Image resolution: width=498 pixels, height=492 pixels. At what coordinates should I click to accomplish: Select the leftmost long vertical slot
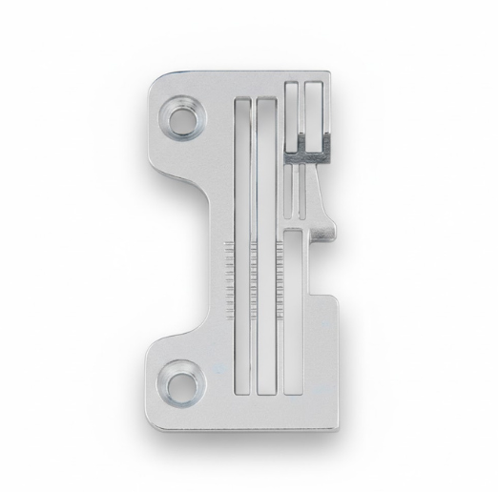239,248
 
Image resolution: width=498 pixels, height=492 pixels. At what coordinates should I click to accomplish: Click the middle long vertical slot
266,248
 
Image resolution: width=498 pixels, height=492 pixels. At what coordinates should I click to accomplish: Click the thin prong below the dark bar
301,191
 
